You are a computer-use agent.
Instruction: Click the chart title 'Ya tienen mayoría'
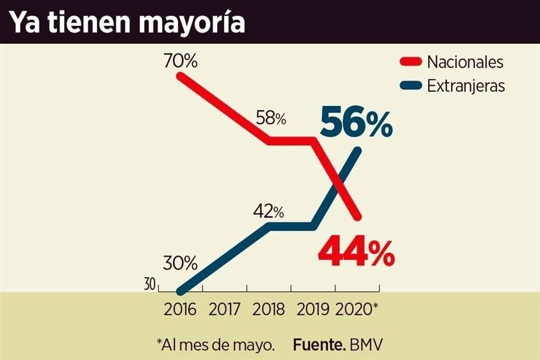127,22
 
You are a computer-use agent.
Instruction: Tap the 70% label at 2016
181,61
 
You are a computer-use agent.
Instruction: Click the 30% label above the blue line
181,262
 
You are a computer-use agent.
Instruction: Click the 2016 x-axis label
181,310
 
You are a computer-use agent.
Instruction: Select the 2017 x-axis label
224,310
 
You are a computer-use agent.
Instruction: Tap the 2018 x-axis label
268,310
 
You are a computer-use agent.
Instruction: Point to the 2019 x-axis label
313,310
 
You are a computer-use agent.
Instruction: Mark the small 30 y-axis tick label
149,285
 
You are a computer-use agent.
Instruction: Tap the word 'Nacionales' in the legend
465,62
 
